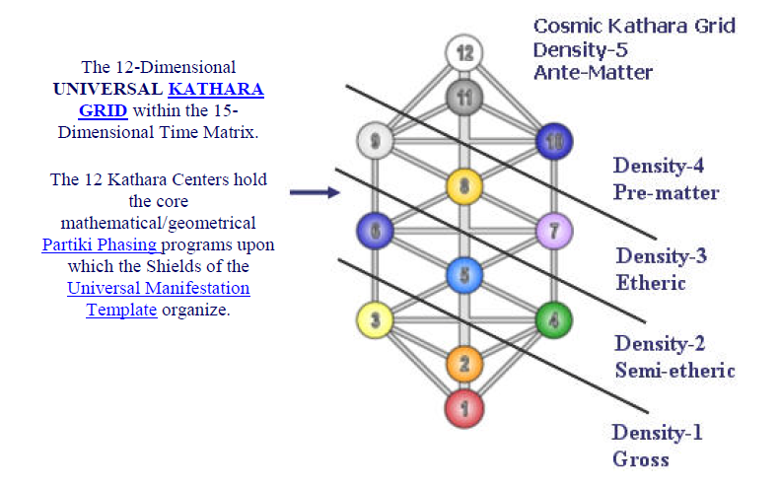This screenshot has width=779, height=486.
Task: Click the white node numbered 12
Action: pyautogui.click(x=462, y=51)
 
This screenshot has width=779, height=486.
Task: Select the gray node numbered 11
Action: pyautogui.click(x=462, y=97)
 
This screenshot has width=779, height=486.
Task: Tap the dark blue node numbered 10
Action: pyautogui.click(x=554, y=141)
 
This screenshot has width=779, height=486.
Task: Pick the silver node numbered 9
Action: pyautogui.click(x=374, y=141)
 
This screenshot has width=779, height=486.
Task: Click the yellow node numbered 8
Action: pyautogui.click(x=463, y=185)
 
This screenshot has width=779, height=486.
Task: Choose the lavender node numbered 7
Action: pyautogui.click(x=554, y=232)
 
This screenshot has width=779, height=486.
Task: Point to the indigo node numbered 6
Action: pyautogui.click(x=374, y=232)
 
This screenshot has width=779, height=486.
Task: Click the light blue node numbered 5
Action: pyautogui.click(x=463, y=276)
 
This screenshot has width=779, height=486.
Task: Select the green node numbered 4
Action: pyautogui.click(x=554, y=319)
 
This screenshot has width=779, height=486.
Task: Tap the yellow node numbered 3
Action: pyautogui.click(x=374, y=319)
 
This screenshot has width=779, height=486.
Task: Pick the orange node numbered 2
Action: pyautogui.click(x=463, y=364)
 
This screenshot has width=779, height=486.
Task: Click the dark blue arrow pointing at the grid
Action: pyautogui.click(x=314, y=192)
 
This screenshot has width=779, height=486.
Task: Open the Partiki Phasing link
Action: pyautogui.click(x=101, y=245)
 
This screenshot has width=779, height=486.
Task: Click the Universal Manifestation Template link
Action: pyautogui.click(x=158, y=299)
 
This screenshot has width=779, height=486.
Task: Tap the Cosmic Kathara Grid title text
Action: pyautogui.click(x=634, y=26)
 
